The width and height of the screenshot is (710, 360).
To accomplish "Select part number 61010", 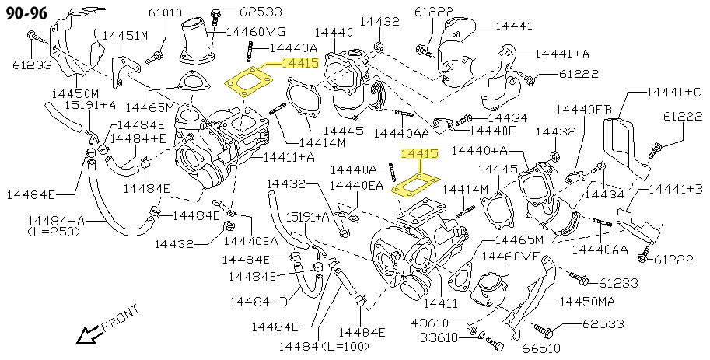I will (x=165, y=12).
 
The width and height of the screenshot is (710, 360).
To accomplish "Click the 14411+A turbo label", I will (x=289, y=157).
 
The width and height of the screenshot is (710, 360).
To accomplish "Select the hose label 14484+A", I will (x=55, y=220).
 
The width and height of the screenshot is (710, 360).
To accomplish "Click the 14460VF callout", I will (x=510, y=256).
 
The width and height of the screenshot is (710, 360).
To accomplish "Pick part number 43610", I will (x=430, y=323).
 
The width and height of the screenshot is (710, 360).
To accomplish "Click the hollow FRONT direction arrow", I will (x=86, y=335).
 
